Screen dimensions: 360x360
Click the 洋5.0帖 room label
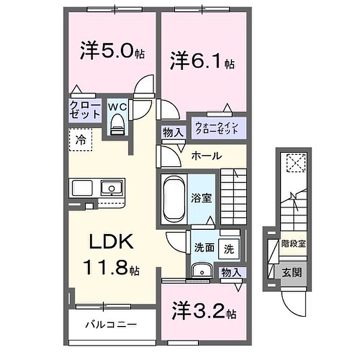(x=112, y=52)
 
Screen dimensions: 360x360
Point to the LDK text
(x=113, y=241)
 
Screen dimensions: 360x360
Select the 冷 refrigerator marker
(x=81, y=138)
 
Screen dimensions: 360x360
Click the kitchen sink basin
(x=111, y=188)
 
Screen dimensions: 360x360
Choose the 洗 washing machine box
(x=228, y=249)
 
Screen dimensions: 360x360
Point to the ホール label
(x=207, y=155)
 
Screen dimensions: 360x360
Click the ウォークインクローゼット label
(x=216, y=127)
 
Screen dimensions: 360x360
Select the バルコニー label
(x=111, y=325)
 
